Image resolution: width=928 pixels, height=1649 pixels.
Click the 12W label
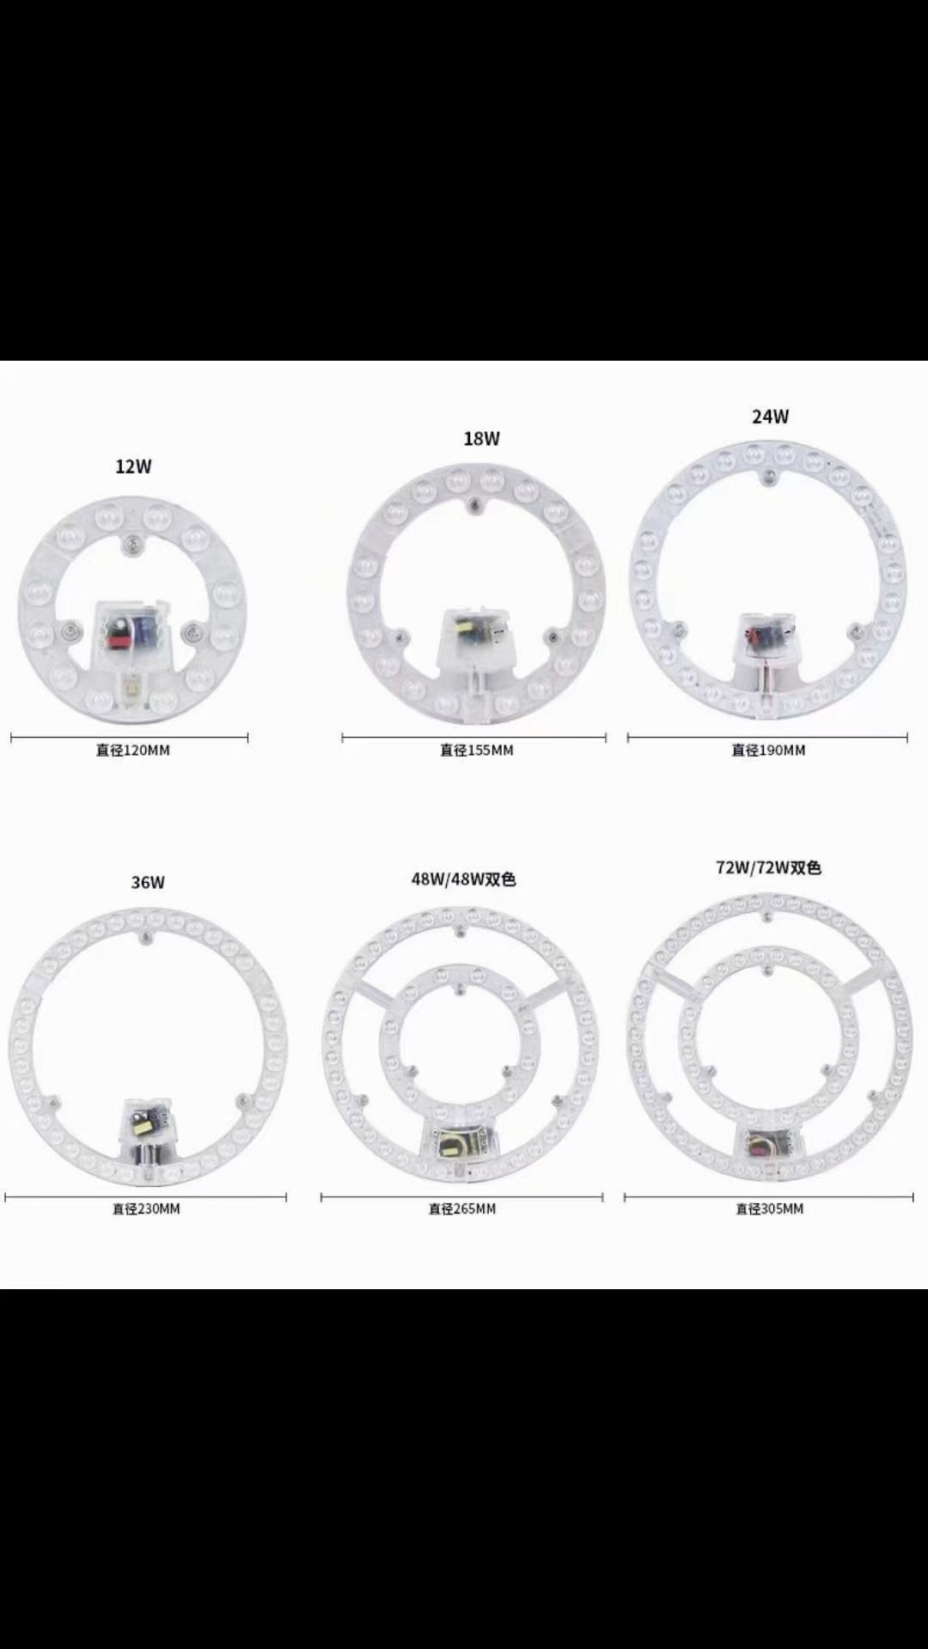[133, 466]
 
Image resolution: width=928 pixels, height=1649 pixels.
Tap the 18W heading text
[481, 439]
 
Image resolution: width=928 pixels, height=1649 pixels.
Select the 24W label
[770, 417]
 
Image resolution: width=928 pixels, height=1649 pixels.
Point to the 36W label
[148, 882]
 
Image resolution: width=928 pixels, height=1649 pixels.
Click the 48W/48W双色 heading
[463, 879]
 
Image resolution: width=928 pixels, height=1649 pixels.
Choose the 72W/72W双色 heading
[769, 867]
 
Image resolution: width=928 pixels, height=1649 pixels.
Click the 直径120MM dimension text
[133, 750]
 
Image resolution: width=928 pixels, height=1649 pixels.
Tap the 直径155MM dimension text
[477, 750]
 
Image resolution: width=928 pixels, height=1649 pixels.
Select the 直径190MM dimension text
[768, 750]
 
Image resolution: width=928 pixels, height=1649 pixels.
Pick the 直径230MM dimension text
[146, 1208]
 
